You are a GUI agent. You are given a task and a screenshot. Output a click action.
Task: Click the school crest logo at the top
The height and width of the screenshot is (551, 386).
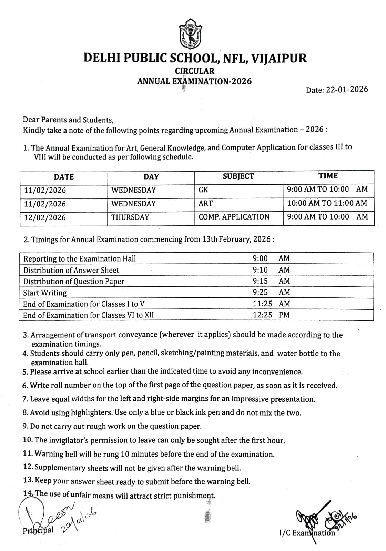[x=190, y=35]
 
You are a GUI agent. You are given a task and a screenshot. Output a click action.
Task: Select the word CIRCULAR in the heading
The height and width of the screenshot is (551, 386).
[x=194, y=71]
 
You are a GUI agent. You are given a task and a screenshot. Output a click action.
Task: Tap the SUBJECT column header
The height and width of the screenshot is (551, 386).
[x=238, y=176]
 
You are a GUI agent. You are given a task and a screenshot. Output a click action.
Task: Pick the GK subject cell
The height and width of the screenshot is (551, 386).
[x=203, y=190]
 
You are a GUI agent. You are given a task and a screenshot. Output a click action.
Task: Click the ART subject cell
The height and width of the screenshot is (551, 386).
[x=206, y=203]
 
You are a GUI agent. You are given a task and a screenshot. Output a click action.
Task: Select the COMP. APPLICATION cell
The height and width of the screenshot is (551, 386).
[x=234, y=217]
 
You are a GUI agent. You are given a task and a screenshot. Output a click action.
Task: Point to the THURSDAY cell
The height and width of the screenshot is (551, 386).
[x=130, y=217]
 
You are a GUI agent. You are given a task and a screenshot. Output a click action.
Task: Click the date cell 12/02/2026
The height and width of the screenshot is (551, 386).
[x=45, y=218]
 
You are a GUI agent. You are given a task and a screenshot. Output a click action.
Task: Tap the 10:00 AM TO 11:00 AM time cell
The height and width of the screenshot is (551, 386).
[x=327, y=203]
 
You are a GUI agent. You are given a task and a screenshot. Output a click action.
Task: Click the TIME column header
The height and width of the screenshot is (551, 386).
[x=328, y=176]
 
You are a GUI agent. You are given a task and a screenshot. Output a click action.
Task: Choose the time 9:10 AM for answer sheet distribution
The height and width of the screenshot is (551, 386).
[x=271, y=270]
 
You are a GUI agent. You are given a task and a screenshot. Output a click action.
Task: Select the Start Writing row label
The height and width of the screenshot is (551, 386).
[x=45, y=293]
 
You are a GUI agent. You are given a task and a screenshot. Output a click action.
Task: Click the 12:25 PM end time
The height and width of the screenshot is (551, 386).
[x=271, y=315]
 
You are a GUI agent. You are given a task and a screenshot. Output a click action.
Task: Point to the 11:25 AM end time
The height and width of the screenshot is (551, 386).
[x=271, y=304]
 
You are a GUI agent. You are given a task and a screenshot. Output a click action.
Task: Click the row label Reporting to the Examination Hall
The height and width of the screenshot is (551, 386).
[x=80, y=259]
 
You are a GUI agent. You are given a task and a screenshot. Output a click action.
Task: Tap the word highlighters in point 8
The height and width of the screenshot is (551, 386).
[x=91, y=413]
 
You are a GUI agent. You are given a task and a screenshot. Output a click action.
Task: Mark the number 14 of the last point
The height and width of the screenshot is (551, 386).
[x=28, y=493]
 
